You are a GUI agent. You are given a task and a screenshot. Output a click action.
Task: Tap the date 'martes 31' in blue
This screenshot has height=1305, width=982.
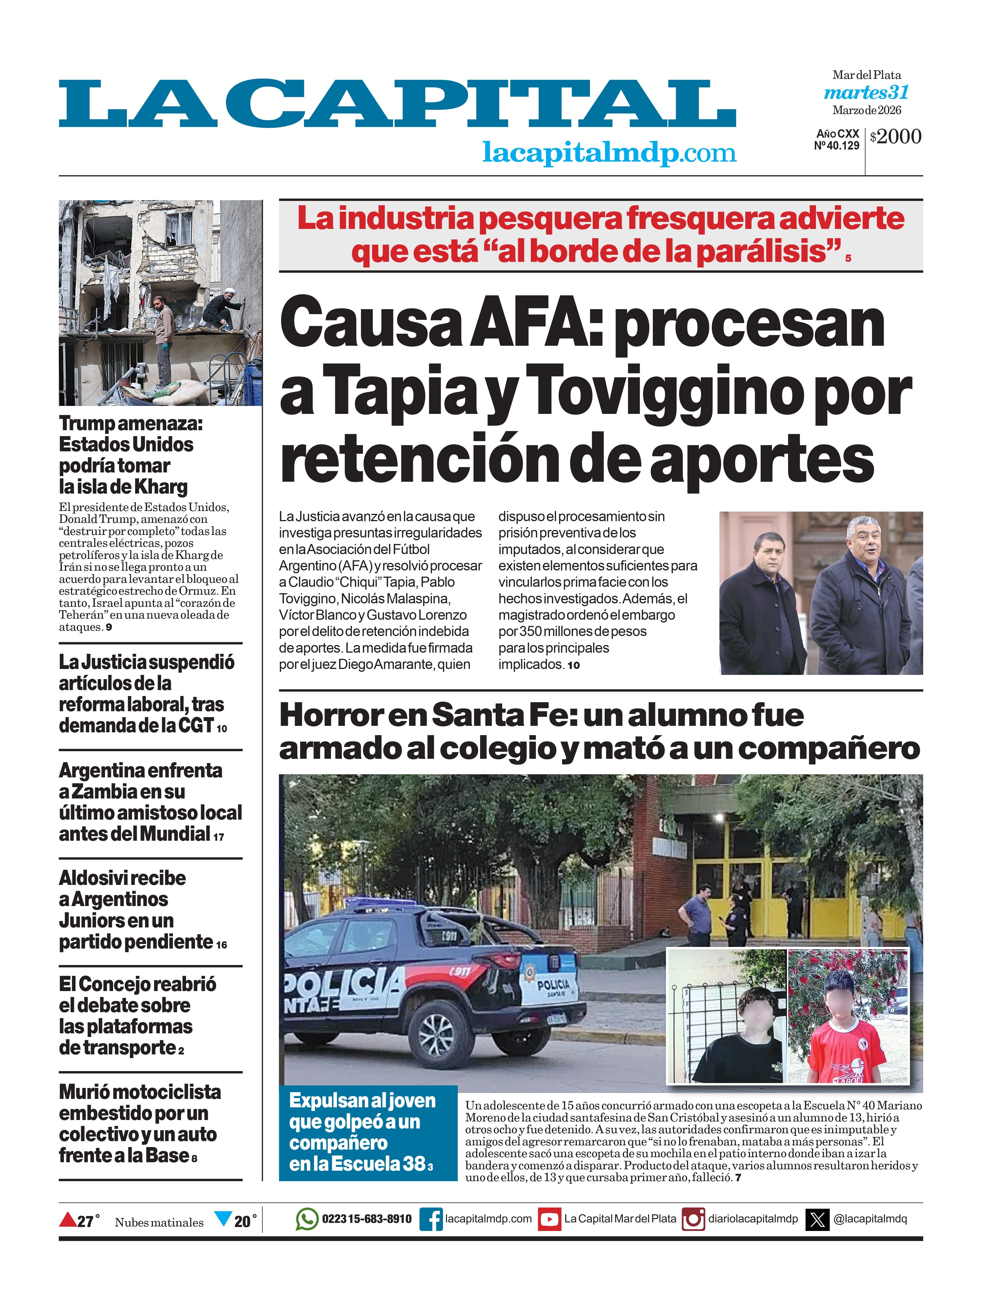[x=866, y=93]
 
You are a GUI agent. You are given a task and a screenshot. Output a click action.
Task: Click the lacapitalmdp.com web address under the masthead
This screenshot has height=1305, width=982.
[x=609, y=153]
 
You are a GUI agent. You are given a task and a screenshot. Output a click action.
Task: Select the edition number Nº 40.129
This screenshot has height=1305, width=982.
[x=836, y=146]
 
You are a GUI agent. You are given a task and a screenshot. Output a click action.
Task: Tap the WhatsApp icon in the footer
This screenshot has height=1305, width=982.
[x=306, y=1219]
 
